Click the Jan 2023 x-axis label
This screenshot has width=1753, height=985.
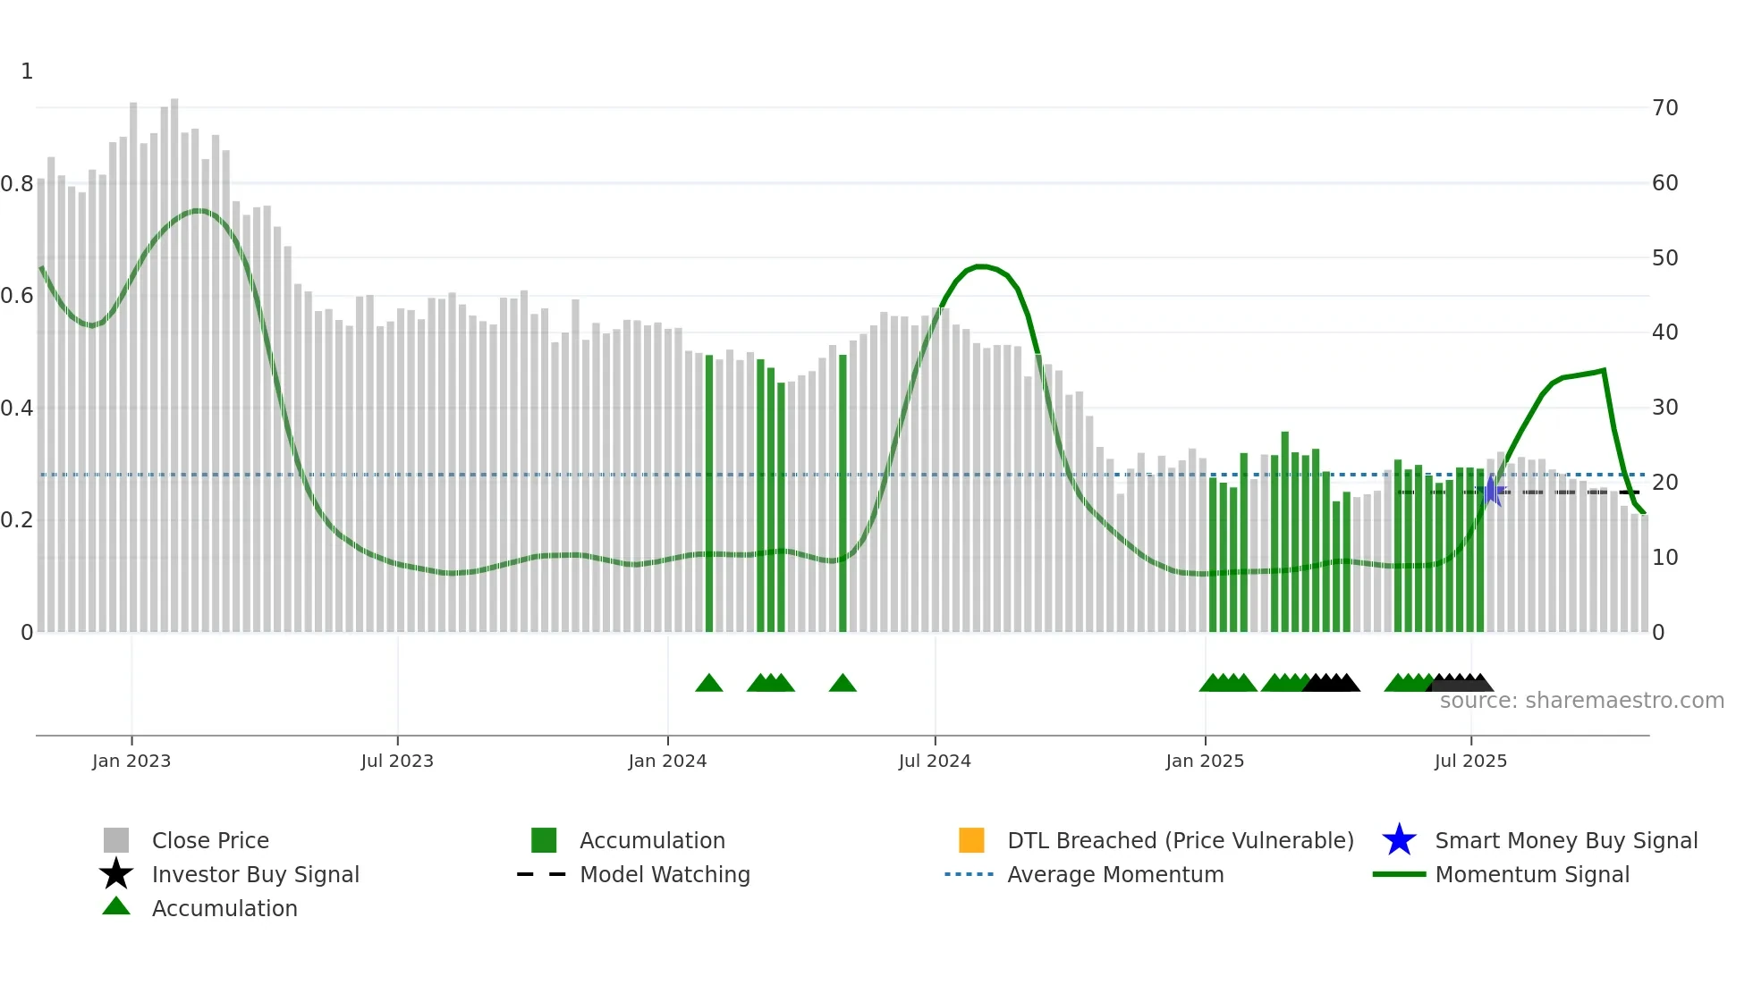pos(131,761)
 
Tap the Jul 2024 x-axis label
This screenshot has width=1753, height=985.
pos(935,761)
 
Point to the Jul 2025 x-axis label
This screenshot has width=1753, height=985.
pos(1470,761)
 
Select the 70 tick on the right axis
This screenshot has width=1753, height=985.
pos(1665,108)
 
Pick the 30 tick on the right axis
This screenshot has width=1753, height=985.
pos(1665,408)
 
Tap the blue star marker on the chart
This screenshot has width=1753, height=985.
pos(1491,491)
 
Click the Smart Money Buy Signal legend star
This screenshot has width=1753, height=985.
pos(1399,840)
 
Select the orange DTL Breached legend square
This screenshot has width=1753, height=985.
pos(971,840)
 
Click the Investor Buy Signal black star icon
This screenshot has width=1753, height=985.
pos(116,874)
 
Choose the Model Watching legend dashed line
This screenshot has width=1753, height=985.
pos(542,874)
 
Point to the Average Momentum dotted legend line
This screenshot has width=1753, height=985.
pos(969,874)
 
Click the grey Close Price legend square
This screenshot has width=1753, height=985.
pos(116,840)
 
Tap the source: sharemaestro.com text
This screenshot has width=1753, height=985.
pos(1581,701)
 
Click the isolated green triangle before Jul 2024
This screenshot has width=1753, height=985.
pos(843,684)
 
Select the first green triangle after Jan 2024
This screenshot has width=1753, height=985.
pos(709,684)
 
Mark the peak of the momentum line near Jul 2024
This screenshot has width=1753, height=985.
pos(981,266)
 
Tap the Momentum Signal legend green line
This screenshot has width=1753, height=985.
pos(1399,874)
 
